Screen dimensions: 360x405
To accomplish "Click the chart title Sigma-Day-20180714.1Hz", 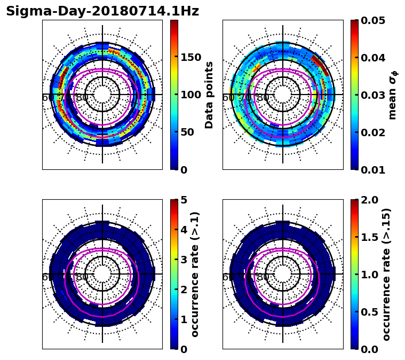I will pos(102,11).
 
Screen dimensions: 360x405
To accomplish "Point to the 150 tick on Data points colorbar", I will pos(190,58).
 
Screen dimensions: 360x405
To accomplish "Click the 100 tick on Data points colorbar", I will pos(190,95).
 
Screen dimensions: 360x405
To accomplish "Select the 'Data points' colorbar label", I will pos(209,95).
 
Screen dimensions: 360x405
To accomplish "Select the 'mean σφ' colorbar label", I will pos(393,95).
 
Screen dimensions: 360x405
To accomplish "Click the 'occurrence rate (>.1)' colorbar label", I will pos(195,274).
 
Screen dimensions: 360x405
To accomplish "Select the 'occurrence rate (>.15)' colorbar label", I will pos(386,274).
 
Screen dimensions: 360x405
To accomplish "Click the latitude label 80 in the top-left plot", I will pos(82,98).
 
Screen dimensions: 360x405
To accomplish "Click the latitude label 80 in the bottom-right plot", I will pos(263,277).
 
